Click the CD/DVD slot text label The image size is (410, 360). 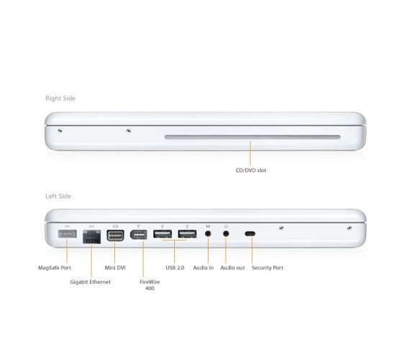250,171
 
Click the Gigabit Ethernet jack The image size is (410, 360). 92,236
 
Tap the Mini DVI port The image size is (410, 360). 116,235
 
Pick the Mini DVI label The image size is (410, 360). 116,267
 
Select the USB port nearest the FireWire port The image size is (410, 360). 163,235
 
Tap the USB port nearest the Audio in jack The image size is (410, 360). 186,235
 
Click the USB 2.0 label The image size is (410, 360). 175,267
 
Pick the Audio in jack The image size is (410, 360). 208,234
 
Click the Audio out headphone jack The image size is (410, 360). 226,234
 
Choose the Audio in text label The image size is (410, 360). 204,267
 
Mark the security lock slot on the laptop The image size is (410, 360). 250,234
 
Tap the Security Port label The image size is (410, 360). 268,267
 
